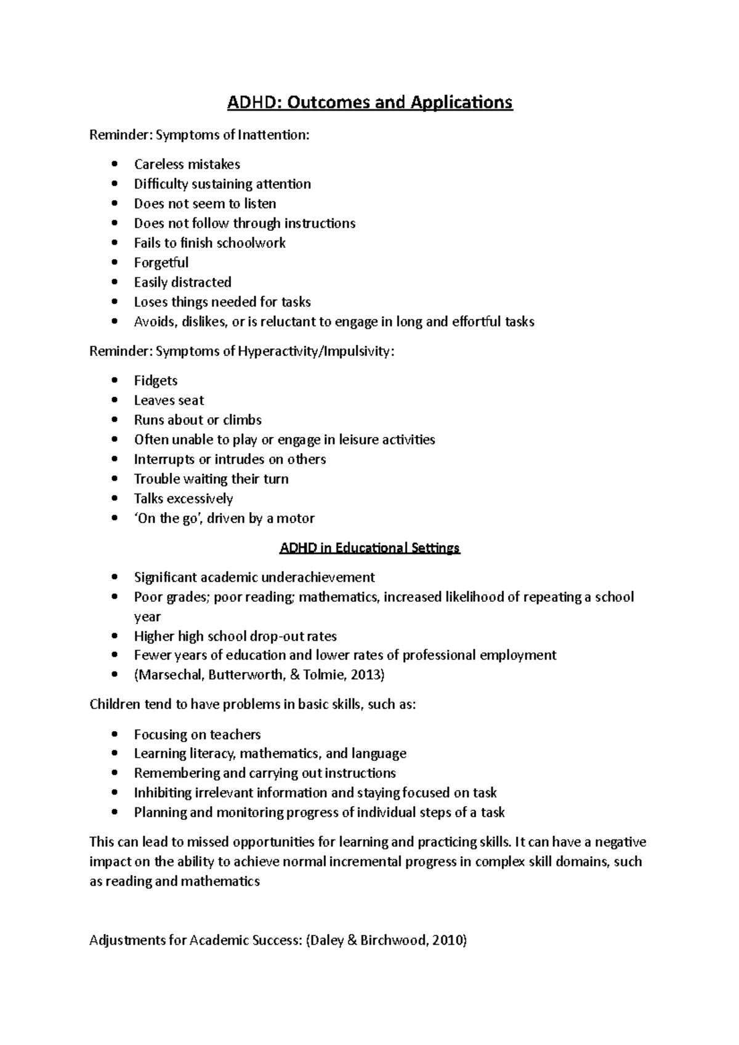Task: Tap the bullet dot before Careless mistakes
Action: (115, 164)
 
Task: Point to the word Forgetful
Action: (161, 263)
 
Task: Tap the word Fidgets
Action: (156, 381)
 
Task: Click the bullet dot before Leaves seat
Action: (115, 401)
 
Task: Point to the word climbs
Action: (242, 420)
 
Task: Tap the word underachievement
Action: (318, 577)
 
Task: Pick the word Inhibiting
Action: (163, 793)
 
